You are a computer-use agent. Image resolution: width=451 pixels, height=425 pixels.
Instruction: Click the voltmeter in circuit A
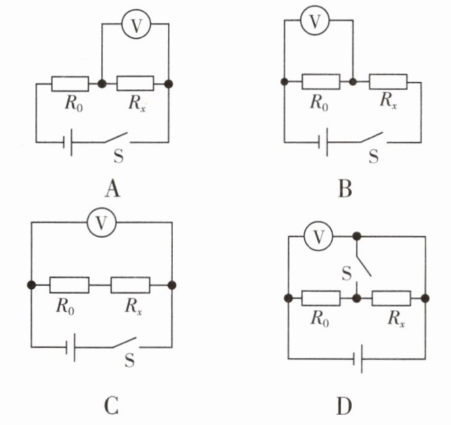tap(136, 25)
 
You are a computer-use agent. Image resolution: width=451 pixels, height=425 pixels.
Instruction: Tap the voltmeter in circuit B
tap(315, 21)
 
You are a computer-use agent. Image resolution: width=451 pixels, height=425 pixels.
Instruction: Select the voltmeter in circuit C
tap(101, 222)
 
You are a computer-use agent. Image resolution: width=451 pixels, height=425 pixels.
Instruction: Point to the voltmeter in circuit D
tap(319, 236)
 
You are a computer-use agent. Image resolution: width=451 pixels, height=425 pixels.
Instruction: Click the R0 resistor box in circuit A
tap(70, 84)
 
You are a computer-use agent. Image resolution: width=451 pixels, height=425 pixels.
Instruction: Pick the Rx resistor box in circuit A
tap(135, 84)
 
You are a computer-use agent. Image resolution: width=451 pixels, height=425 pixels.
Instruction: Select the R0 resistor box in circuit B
tap(321, 82)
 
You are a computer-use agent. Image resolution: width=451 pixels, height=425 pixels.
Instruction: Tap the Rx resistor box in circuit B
tap(388, 82)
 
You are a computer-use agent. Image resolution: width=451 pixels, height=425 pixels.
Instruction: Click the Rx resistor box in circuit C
tap(130, 285)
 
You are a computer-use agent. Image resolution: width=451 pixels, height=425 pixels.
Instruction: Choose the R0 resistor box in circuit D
tap(321, 298)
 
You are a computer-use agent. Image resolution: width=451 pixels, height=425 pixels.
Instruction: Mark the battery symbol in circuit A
tap(68, 143)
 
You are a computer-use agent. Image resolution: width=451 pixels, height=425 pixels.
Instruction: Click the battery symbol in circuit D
tap(358, 359)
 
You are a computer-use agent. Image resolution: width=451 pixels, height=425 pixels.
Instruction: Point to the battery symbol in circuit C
tap(70, 347)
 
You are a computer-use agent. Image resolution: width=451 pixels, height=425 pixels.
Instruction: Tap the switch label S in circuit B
tap(373, 157)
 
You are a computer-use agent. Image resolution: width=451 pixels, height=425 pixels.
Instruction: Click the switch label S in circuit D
tap(346, 274)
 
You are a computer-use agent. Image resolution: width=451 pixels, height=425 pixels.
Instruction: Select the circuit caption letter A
tap(113, 190)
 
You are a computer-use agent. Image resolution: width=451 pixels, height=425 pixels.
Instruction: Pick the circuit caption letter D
tap(344, 407)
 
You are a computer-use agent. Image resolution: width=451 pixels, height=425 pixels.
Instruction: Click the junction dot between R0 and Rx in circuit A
tap(102, 84)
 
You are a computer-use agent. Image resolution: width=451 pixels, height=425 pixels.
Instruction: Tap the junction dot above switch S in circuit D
tap(356, 236)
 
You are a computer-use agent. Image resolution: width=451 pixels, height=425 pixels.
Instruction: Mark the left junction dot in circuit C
tap(31, 285)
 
